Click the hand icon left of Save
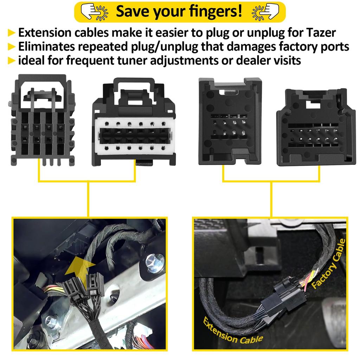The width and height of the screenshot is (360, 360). [x=92, y=11]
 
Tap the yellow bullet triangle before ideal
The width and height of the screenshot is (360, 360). [x=12, y=60]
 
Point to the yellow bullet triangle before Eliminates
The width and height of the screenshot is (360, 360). [x=12, y=47]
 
